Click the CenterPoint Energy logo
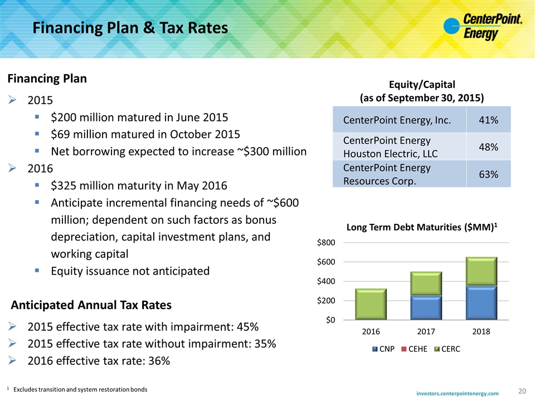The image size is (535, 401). tap(483, 27)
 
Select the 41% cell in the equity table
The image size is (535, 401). tap(488, 120)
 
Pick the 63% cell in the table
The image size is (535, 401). tap(488, 174)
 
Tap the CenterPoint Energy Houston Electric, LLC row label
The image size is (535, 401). tap(390, 147)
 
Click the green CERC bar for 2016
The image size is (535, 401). tap(371, 304)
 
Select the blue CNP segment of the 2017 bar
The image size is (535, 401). tap(426, 307)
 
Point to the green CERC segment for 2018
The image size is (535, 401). tap(481, 271)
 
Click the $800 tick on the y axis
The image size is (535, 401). tap(326, 242)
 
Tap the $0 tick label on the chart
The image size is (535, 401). tap(330, 320)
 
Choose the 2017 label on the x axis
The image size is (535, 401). tap(426, 331)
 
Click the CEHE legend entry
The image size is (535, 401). tap(414, 349)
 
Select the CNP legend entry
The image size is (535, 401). tap(383, 349)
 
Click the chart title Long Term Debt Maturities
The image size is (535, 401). tap(422, 227)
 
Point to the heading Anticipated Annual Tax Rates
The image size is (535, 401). tap(91, 305)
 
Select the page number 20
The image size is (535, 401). tap(522, 391)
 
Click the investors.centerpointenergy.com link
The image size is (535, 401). tap(457, 394)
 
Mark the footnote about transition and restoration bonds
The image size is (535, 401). tap(77, 389)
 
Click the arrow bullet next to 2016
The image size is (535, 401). tap(12, 168)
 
